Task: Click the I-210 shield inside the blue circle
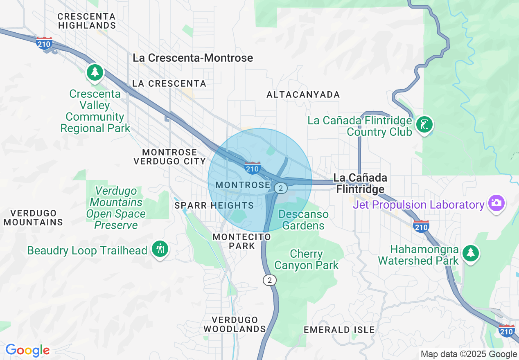tap(253, 168)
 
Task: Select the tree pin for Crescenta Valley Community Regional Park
tap(95, 72)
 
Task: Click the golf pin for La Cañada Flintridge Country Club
tap(424, 124)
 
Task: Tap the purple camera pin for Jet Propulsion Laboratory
tap(496, 203)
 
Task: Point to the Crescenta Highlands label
tap(87, 21)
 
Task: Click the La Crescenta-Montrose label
tap(193, 58)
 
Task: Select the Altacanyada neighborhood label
tap(303, 95)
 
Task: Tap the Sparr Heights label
tap(214, 205)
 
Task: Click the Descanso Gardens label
tap(303, 220)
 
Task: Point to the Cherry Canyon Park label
tap(306, 260)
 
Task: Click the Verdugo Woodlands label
tap(235, 324)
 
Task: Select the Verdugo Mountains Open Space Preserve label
tap(116, 208)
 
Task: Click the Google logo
tap(27, 350)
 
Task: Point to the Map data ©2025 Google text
tap(469, 354)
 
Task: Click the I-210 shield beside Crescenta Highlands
tap(44, 43)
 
